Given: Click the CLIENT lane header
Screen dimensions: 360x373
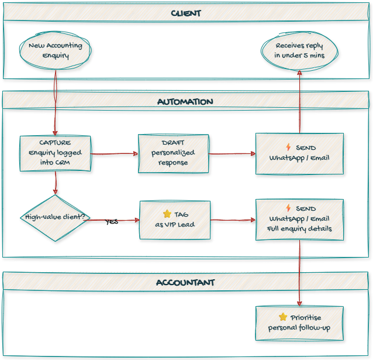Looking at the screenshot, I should pyautogui.click(x=186, y=13).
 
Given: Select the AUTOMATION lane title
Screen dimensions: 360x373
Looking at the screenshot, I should pyautogui.click(x=185, y=101).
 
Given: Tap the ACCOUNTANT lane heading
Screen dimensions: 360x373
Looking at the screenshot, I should pyautogui.click(x=185, y=282).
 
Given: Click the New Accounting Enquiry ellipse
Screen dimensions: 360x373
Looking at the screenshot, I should pyautogui.click(x=56, y=51).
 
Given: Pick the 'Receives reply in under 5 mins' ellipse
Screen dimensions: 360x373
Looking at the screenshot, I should pyautogui.click(x=299, y=50).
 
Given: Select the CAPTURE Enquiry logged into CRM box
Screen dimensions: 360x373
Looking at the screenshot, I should pyautogui.click(x=56, y=153).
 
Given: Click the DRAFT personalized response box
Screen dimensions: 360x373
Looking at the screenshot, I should pyautogui.click(x=173, y=153).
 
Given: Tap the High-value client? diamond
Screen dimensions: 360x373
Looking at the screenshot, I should pyautogui.click(x=56, y=217).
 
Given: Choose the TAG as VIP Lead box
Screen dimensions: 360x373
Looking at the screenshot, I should pyautogui.click(x=175, y=220).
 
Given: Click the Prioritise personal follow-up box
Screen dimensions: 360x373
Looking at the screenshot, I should pyautogui.click(x=299, y=323).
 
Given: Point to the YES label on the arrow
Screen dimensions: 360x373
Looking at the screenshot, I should pyautogui.click(x=112, y=222).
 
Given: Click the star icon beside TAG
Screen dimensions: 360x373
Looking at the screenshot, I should pyautogui.click(x=167, y=214).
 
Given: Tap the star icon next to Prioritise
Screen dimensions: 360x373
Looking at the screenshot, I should pyautogui.click(x=283, y=317).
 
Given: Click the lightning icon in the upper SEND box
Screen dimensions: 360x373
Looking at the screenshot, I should pyautogui.click(x=288, y=147).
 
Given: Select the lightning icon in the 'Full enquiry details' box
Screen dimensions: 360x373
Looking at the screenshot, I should pyautogui.click(x=288, y=208).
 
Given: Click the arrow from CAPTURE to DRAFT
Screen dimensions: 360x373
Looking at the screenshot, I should pyautogui.click(x=114, y=154).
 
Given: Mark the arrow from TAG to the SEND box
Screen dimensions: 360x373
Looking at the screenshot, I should pyautogui.click(x=233, y=220).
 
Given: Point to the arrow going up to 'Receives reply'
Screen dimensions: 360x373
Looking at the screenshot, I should pyautogui.click(x=299, y=102).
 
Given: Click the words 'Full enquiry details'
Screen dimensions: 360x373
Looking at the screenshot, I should pyautogui.click(x=299, y=228).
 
